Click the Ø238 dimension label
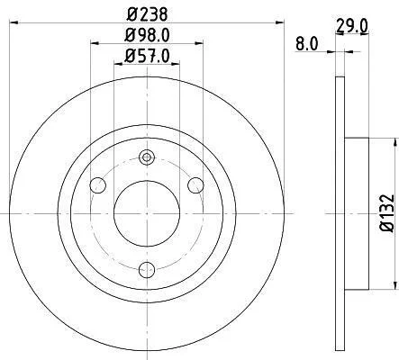(147, 14)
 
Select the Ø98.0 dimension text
(147, 35)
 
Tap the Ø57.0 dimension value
(147, 56)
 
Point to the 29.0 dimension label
(352, 26)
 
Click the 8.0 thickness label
(306, 44)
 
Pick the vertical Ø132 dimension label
(387, 213)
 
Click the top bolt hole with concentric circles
(147, 157)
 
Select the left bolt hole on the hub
(97, 185)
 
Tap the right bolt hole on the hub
(195, 185)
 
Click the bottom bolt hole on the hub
(147, 270)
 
